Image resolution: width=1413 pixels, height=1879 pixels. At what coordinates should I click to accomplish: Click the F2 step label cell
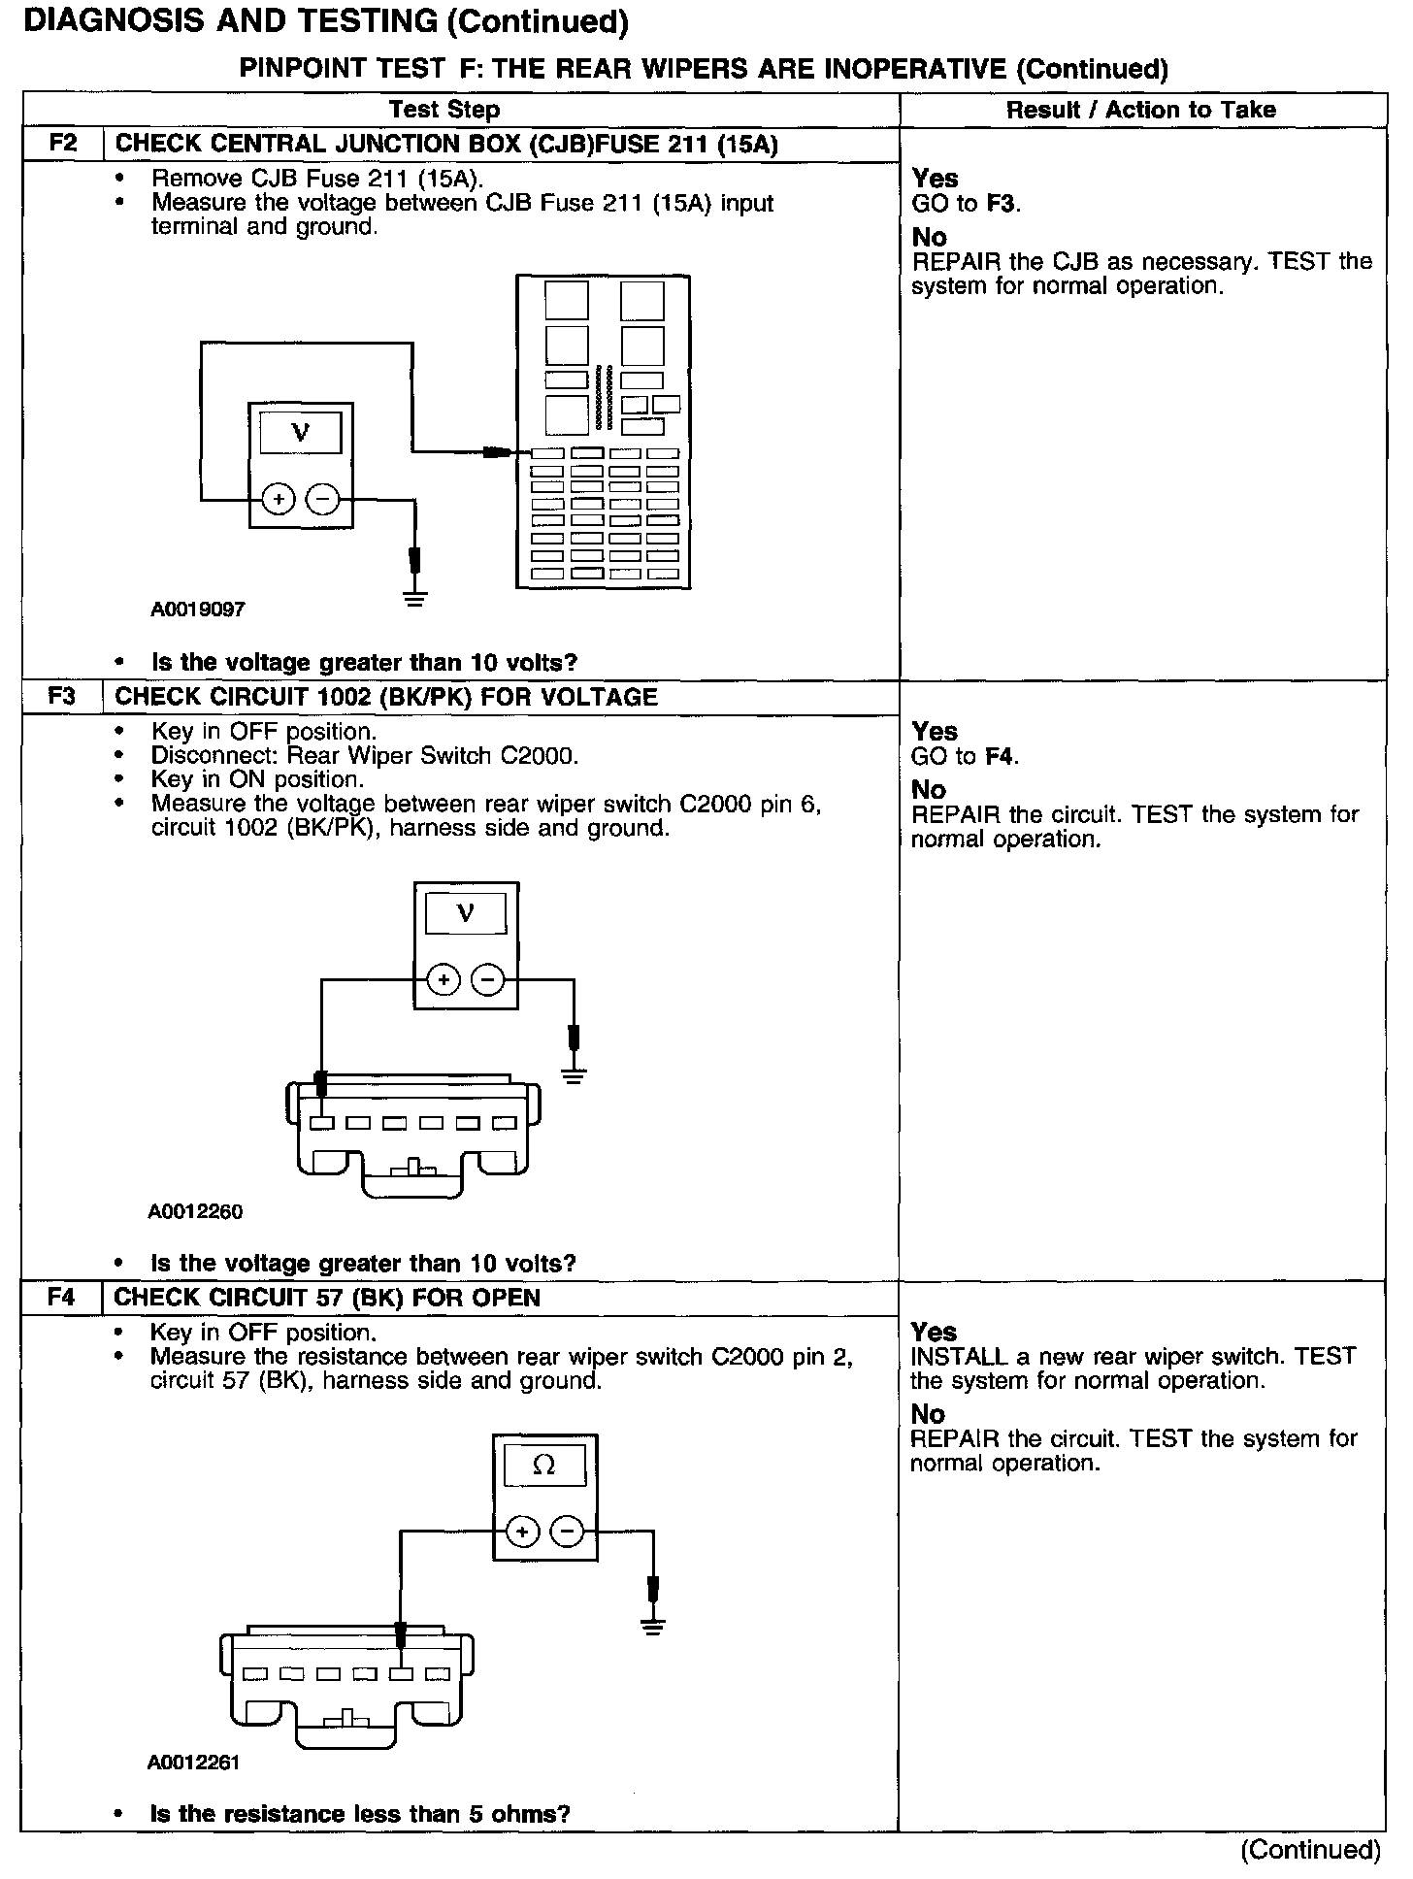click(x=63, y=145)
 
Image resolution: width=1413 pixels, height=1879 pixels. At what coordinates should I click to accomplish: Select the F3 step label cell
click(x=62, y=697)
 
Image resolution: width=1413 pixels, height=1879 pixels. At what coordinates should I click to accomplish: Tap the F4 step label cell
click(x=61, y=1298)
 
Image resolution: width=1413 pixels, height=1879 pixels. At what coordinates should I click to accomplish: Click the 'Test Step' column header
click(x=444, y=110)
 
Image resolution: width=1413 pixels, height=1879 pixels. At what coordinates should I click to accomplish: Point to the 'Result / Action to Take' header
click(x=1140, y=110)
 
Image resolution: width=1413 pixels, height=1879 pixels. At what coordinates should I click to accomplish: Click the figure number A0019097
click(x=198, y=610)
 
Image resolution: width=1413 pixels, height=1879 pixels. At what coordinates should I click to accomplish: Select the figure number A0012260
click(x=195, y=1211)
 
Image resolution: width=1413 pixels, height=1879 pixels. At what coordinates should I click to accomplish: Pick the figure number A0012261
click(x=193, y=1762)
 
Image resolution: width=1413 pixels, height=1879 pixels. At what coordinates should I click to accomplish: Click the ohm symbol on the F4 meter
click(x=544, y=1467)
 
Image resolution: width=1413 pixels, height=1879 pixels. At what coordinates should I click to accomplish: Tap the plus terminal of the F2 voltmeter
click(x=279, y=500)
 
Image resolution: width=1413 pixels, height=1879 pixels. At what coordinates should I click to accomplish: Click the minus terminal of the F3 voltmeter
click(x=487, y=980)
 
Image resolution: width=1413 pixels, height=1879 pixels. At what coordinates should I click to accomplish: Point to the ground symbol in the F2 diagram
click(x=415, y=598)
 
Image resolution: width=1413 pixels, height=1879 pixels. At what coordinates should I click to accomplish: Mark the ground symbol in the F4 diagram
click(x=653, y=1627)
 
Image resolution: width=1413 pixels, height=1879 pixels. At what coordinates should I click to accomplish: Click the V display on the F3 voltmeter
click(x=465, y=913)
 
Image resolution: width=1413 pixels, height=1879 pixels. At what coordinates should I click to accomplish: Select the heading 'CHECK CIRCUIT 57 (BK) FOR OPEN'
click(x=327, y=1298)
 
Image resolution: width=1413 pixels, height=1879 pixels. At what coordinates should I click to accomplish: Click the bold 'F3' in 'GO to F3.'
click(x=1001, y=203)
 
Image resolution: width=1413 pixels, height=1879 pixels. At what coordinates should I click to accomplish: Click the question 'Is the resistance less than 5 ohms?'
click(x=359, y=1813)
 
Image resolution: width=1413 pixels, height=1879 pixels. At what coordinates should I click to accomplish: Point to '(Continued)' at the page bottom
click(x=1310, y=1849)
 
